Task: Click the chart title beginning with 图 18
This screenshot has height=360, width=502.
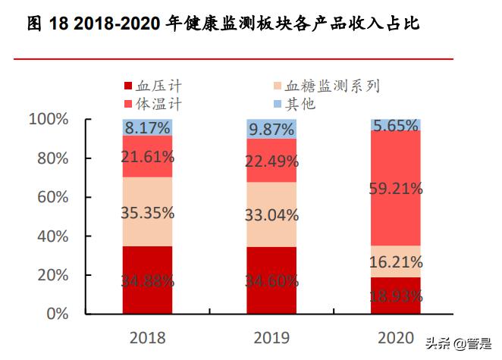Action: [223, 24]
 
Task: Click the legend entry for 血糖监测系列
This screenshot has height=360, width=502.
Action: [326, 86]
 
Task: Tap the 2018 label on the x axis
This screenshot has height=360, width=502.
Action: [147, 337]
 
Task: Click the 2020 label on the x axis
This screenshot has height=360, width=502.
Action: [396, 337]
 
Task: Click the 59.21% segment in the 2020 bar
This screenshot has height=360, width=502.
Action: [396, 188]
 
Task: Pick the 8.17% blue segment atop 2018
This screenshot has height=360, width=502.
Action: [147, 127]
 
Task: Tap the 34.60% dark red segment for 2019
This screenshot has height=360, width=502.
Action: [271, 280]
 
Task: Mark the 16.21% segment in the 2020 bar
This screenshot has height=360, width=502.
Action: [396, 261]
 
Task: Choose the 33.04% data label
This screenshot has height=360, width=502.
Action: [271, 214]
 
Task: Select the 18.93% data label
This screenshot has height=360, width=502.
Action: [396, 296]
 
